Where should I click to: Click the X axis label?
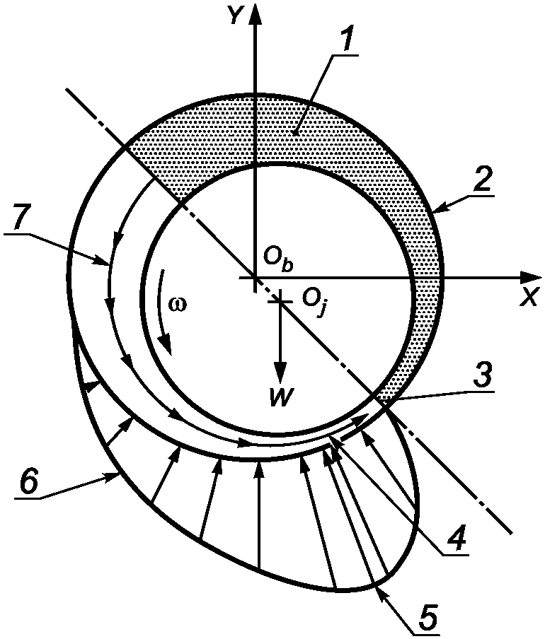[x=527, y=298]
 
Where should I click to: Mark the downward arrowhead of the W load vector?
[x=281, y=375]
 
